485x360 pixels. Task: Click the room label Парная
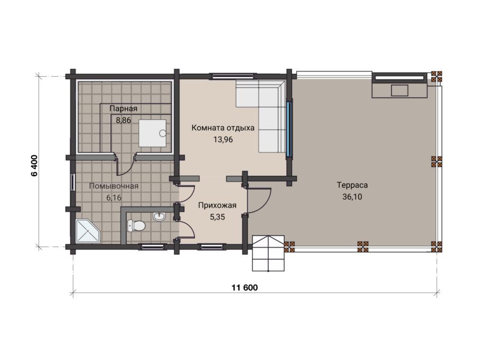123,108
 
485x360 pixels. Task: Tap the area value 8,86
124,120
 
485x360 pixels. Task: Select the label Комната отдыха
223,128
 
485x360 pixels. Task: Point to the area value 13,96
223,139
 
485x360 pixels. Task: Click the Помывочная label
114,186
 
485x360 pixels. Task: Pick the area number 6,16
114,198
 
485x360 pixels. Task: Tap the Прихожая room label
217,206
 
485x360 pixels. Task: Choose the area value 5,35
217,217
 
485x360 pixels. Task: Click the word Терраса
352,185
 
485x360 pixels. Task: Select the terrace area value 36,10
352,197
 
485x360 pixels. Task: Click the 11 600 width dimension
245,288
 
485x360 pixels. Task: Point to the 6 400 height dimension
34,165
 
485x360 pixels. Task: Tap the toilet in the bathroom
136,225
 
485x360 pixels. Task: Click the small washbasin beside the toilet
159,216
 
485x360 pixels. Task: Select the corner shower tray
88,231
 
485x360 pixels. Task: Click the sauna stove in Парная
153,133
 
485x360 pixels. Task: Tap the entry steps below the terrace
268,253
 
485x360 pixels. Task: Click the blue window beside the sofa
289,128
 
